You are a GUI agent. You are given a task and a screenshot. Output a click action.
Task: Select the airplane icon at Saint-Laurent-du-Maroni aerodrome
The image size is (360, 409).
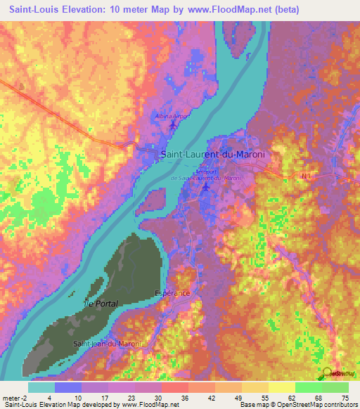point(205,187)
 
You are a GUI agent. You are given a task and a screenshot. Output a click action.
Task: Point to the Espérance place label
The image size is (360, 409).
point(172,291)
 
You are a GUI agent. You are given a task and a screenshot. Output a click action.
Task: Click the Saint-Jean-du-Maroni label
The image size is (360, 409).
point(108,343)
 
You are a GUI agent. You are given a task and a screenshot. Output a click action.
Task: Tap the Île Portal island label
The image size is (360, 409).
point(101,303)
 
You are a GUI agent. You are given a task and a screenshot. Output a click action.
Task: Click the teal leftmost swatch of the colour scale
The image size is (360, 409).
point(41,387)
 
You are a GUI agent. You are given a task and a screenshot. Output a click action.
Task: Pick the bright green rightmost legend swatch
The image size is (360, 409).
point(335,387)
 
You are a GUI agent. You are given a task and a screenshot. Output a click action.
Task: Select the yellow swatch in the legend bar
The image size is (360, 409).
point(281,387)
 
